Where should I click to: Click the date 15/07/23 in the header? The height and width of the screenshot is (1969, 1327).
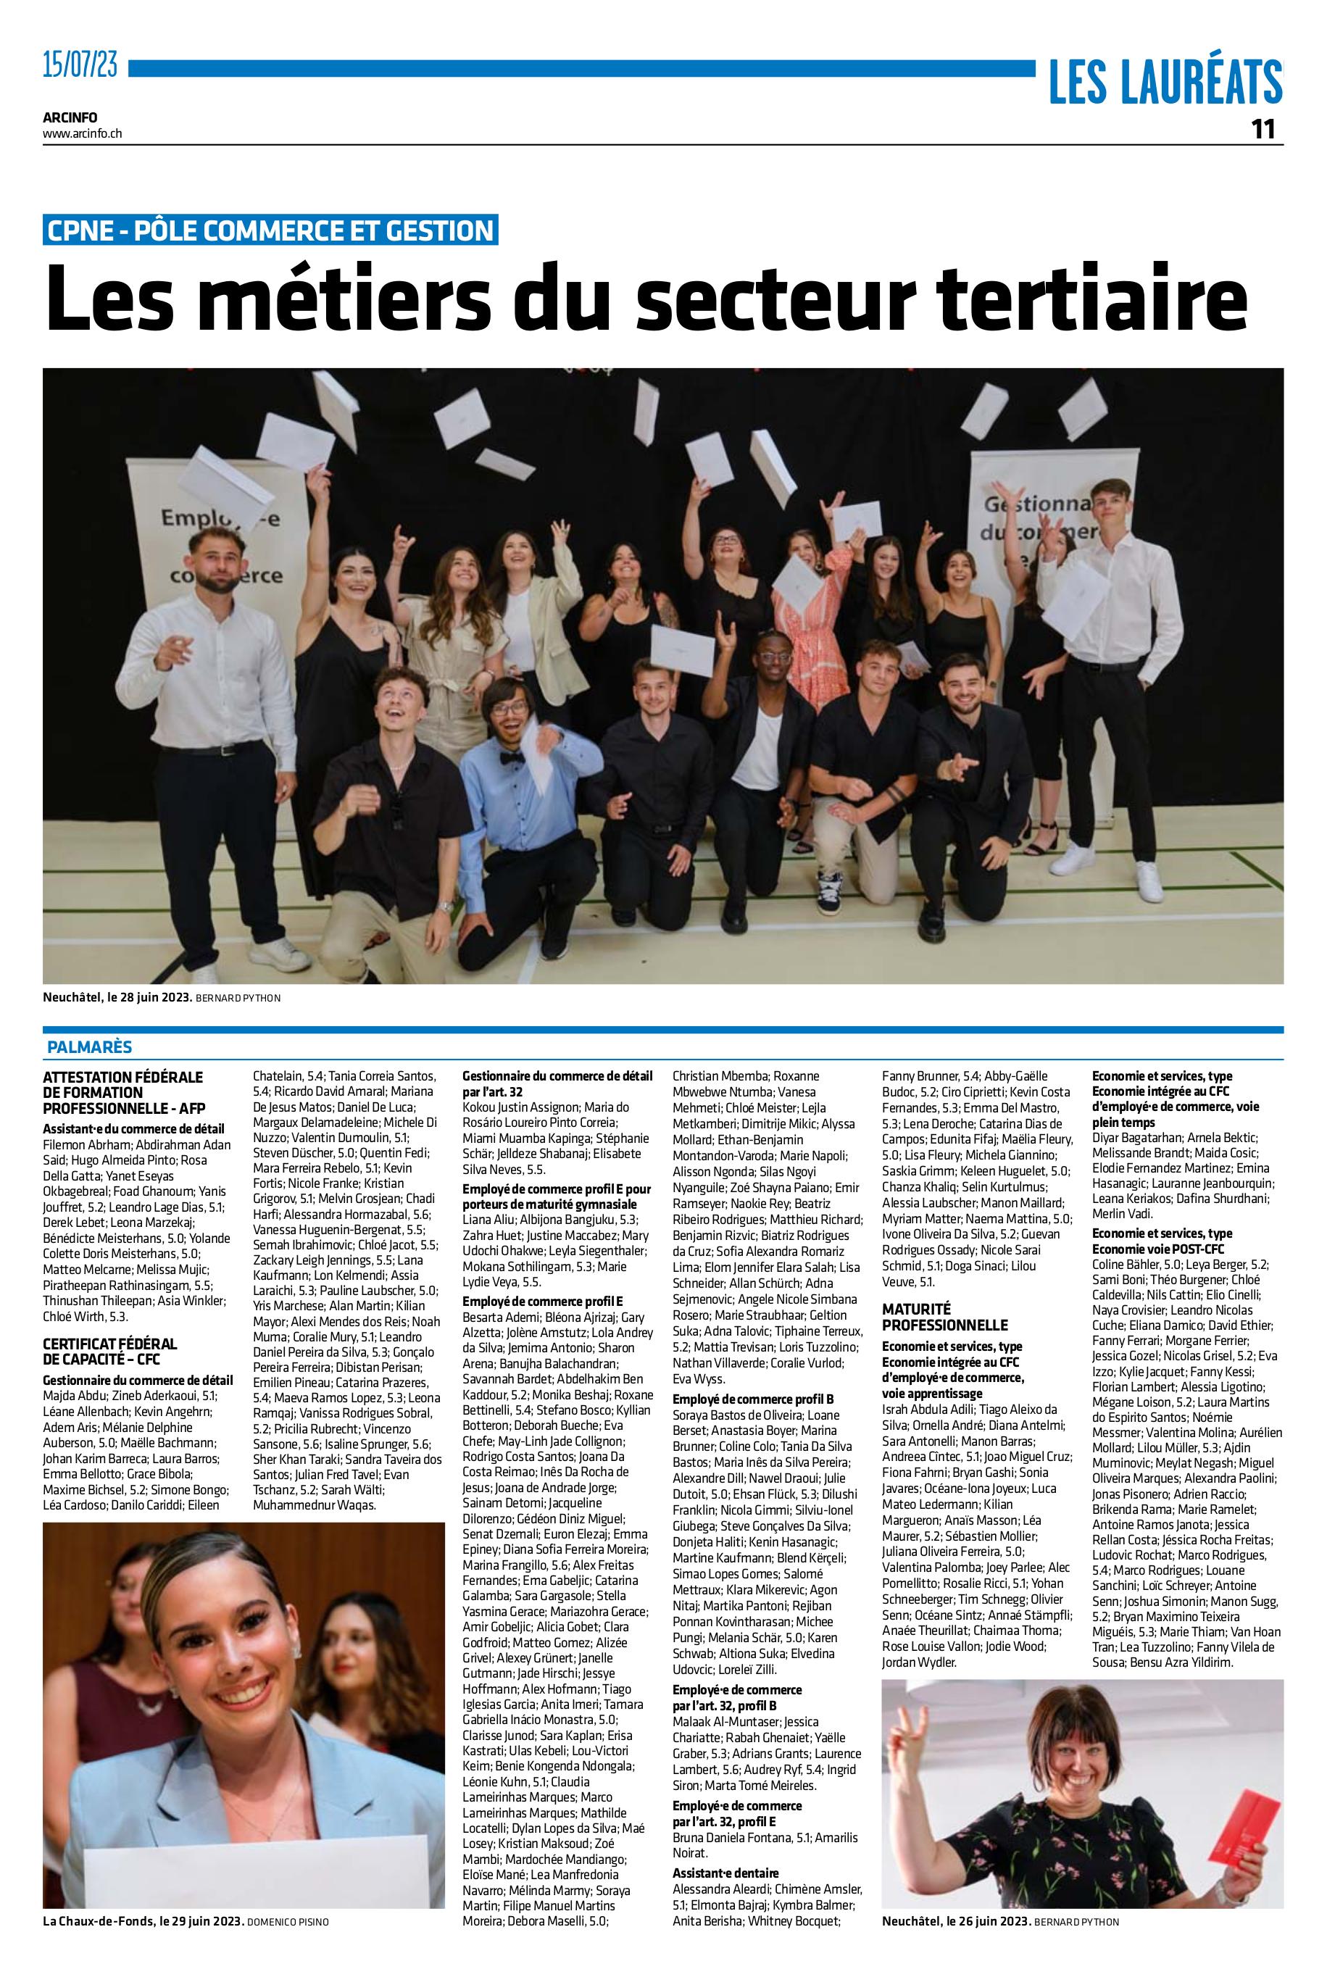coord(80,65)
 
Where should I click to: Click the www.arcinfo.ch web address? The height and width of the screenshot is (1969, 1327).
coord(82,133)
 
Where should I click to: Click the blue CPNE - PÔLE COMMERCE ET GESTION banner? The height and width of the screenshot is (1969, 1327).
coord(271,230)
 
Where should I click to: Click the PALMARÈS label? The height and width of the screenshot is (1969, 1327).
coord(90,1046)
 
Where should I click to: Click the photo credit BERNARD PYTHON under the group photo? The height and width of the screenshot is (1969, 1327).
coord(238,999)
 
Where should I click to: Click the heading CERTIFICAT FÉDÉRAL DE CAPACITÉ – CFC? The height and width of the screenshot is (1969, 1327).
coord(110,1352)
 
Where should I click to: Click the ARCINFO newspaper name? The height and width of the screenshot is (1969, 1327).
coord(70,117)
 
